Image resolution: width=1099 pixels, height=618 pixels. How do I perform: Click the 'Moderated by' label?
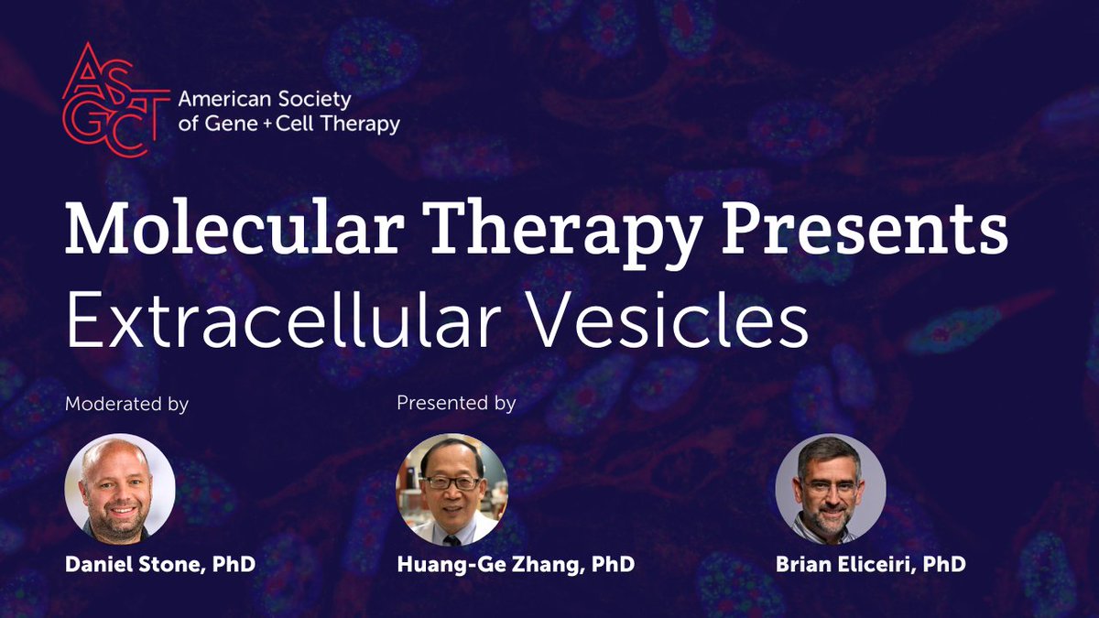[126, 404]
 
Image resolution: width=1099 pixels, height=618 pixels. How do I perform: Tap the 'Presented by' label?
[456, 403]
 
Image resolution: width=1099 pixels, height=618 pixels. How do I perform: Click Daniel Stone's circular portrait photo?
[120, 489]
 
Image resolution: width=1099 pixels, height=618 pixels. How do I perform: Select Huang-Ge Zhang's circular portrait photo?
[452, 489]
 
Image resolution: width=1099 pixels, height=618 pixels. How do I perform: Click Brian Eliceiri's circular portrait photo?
[831, 489]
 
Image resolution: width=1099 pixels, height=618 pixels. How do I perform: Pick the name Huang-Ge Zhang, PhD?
[516, 565]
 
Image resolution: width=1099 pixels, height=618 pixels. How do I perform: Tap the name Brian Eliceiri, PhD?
[870, 565]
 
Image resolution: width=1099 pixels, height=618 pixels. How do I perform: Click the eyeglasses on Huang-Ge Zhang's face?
[451, 482]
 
